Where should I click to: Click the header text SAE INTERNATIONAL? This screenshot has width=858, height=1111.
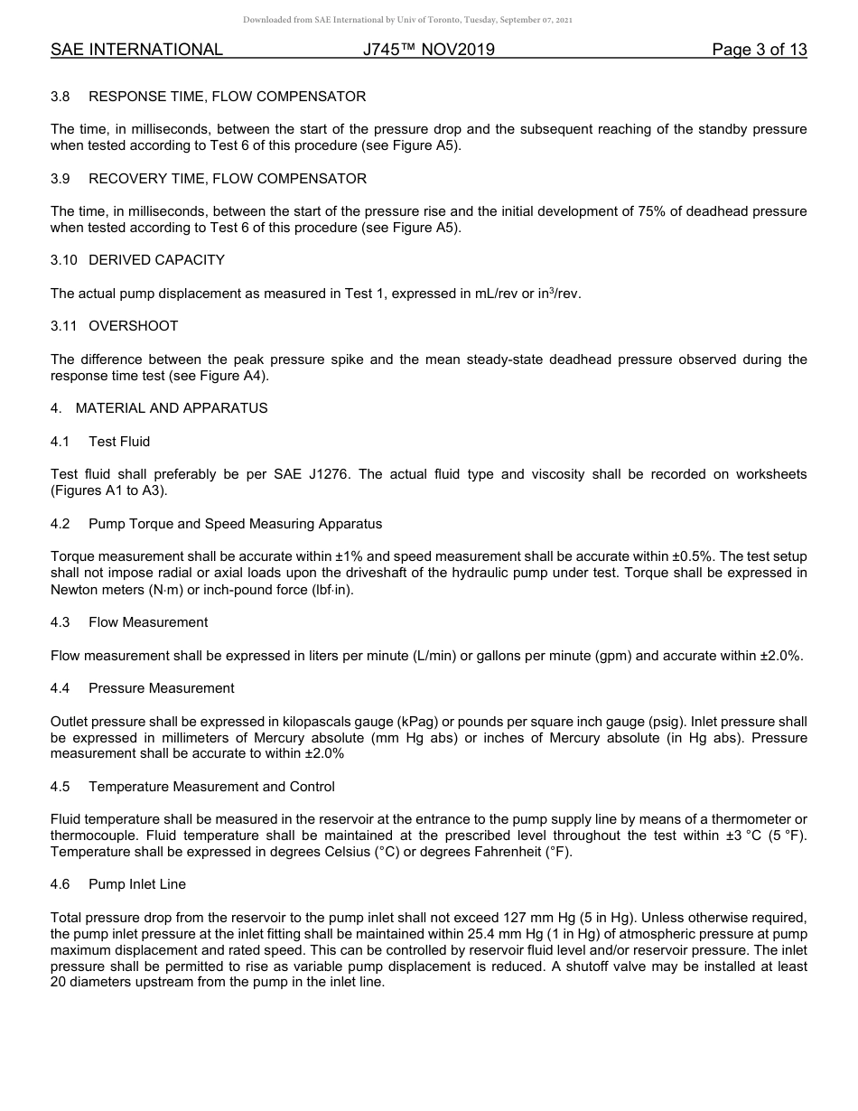click(136, 50)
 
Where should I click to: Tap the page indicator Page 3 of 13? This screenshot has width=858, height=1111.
click(759, 50)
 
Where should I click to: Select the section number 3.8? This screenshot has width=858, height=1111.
click(61, 97)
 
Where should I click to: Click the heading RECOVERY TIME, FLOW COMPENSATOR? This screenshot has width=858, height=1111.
click(228, 179)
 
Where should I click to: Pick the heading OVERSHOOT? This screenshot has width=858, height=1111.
click(134, 326)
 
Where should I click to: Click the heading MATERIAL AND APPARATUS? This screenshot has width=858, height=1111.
click(172, 408)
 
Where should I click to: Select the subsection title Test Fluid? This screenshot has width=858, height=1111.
click(119, 442)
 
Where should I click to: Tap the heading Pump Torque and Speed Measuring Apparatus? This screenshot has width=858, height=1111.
click(235, 524)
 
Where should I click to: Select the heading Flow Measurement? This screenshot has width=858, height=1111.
click(148, 622)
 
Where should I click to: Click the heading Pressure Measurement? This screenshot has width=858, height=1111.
click(161, 688)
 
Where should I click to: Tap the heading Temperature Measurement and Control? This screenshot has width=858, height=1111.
click(211, 787)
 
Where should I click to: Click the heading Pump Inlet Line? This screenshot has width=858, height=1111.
click(137, 884)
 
